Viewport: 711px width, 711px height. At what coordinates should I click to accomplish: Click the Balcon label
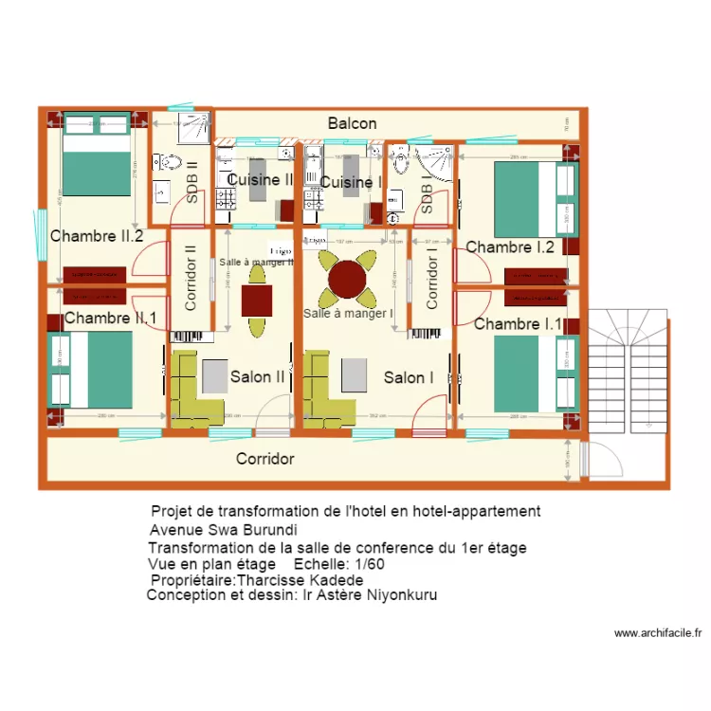(352, 123)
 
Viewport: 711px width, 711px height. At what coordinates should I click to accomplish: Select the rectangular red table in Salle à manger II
(257, 300)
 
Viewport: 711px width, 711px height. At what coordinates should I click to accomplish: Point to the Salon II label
(257, 376)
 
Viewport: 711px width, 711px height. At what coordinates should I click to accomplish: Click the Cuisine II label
(259, 179)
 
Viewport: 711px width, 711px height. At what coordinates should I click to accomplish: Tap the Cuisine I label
(350, 181)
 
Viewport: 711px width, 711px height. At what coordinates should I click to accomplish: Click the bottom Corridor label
(264, 459)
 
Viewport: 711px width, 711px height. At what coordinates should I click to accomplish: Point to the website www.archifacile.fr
(657, 633)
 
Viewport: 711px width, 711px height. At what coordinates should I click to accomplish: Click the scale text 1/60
(366, 564)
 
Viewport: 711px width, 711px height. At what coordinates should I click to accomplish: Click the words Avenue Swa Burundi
(224, 530)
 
